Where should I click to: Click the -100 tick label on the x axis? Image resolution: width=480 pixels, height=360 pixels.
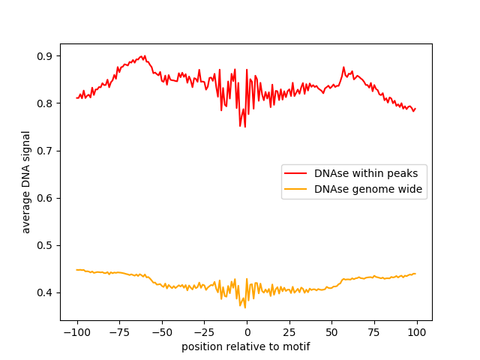pyautogui.click(x=76, y=332)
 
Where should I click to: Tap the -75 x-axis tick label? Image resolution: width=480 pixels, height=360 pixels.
pyautogui.click(x=119, y=332)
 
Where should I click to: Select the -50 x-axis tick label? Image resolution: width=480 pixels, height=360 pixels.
pyautogui.click(x=162, y=332)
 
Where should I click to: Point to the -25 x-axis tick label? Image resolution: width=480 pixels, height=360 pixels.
pyautogui.click(x=204, y=332)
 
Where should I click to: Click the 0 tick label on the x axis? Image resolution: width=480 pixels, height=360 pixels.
pyautogui.click(x=247, y=332)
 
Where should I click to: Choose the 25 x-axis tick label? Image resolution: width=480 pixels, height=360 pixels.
pyautogui.click(x=289, y=332)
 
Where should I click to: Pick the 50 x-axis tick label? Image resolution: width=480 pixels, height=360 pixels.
pyautogui.click(x=332, y=332)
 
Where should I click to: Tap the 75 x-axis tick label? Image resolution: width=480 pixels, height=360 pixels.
pyautogui.click(x=375, y=332)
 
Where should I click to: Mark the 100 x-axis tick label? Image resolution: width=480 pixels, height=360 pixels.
pyautogui.click(x=417, y=332)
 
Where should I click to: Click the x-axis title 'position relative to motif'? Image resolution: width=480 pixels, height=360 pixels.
pyautogui.click(x=246, y=346)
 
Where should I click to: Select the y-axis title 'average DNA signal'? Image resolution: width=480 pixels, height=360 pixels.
pyautogui.click(x=26, y=182)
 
